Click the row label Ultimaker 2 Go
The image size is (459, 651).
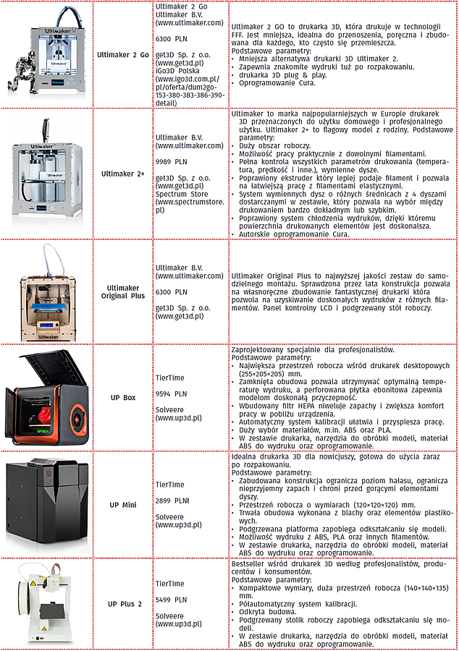pos(125,55)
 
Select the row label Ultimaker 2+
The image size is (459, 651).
pos(125,174)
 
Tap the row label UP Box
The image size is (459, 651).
pos(122,398)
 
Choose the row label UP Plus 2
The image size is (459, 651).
pos(125,603)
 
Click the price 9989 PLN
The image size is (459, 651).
pos(171,162)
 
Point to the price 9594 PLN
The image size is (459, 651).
pos(171,394)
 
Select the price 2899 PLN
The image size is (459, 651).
pos(172,500)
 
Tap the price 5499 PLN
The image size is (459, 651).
pos(171,599)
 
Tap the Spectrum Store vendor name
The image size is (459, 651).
pos(181,194)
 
